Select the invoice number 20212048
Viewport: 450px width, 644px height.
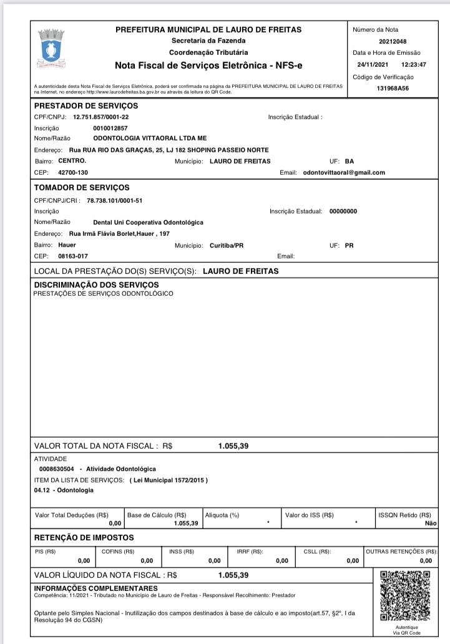393,41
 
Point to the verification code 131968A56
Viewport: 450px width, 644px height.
393,89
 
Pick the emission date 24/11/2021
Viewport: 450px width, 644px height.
373,64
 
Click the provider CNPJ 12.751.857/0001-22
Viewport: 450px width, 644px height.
101,117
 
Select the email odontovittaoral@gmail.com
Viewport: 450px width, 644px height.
344,172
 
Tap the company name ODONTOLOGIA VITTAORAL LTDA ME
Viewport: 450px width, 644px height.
150,138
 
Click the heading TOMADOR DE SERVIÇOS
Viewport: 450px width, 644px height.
81,187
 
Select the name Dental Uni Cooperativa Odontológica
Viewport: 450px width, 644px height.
148,222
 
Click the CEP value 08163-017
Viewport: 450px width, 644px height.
73,256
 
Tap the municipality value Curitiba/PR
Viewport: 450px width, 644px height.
227,245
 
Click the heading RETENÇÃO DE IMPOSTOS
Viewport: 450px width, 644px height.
84,538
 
